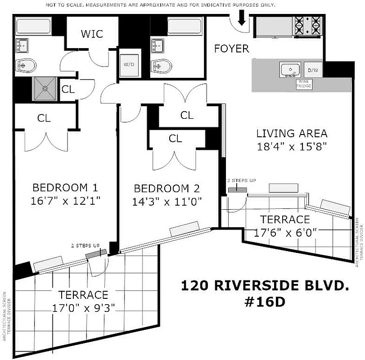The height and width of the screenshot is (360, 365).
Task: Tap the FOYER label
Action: point(231,49)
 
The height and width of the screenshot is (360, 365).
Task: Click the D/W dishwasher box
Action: point(312,71)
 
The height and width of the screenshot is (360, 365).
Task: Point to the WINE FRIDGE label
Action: point(304,84)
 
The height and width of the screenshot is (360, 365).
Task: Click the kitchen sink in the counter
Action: point(290,70)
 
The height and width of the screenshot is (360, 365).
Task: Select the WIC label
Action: point(92,34)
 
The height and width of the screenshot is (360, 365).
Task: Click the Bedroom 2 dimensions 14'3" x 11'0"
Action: point(167,202)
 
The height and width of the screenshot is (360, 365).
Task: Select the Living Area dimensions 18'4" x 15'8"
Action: point(291,146)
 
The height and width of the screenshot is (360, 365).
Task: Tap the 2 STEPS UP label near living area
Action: point(241,180)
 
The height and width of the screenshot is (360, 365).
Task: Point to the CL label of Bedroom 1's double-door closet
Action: point(44,118)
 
